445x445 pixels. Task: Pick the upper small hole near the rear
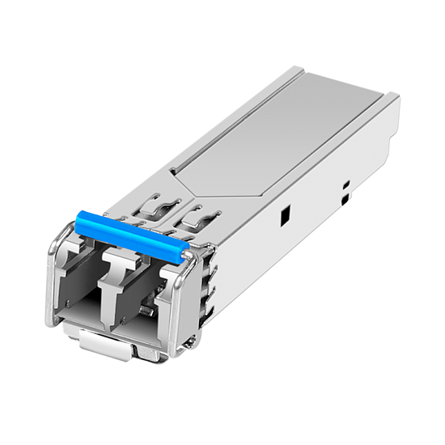[345, 186]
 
